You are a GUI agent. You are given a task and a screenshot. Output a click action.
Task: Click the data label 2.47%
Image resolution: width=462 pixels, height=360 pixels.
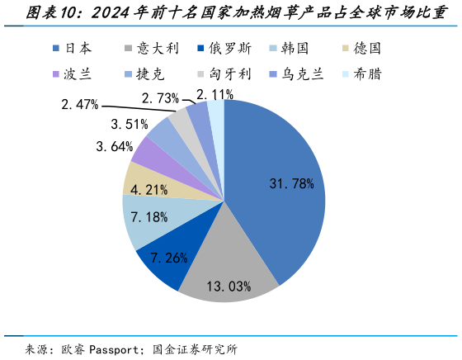tap(80, 104)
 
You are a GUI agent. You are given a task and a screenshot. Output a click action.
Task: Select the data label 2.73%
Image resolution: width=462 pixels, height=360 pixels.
tap(161, 98)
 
